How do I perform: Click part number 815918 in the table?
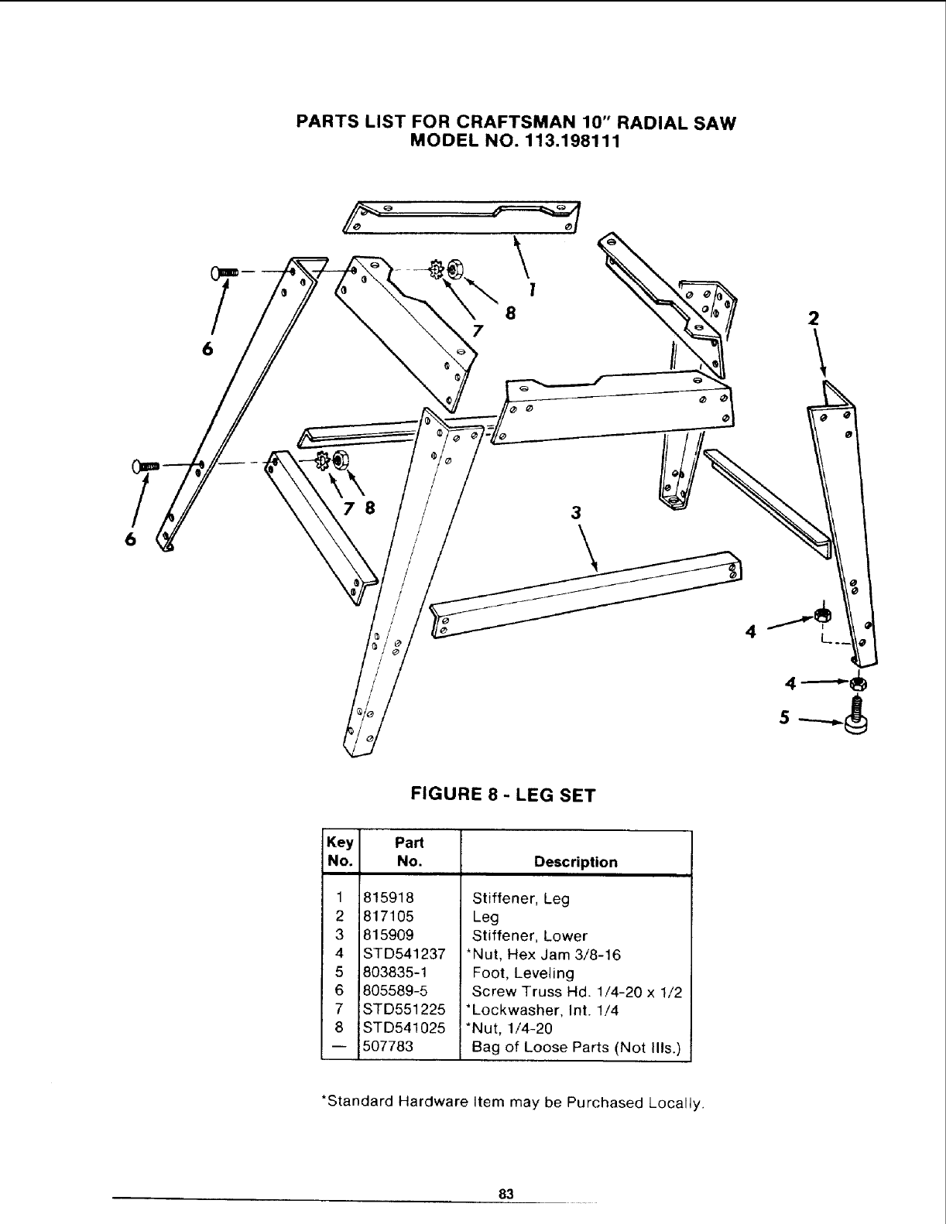389,898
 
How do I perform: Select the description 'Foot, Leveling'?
523,973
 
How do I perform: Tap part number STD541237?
403,954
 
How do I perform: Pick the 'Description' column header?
576,862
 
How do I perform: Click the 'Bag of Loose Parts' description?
576,1048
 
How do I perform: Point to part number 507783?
388,1047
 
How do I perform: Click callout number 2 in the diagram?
813,318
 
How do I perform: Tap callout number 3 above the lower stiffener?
575,512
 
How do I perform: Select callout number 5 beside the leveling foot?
784,718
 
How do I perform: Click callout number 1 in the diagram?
532,289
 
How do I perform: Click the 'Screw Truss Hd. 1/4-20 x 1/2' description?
577,992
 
